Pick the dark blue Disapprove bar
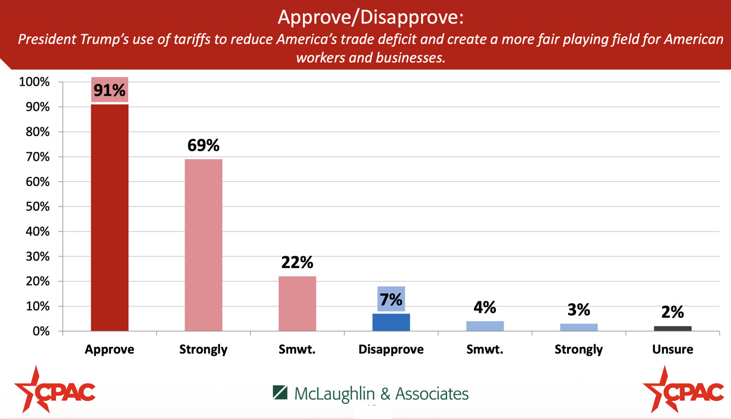coord(391,322)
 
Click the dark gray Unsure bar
coord(673,328)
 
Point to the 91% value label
coord(109,90)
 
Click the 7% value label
coord(391,299)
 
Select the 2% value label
coord(673,311)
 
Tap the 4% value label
coord(485,308)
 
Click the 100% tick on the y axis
coord(34,82)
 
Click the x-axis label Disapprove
coord(391,350)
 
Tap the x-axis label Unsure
coord(673,350)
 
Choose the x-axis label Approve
coord(109,350)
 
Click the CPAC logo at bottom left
coord(55,390)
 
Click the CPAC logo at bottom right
coord(683,390)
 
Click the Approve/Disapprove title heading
coord(370,17)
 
